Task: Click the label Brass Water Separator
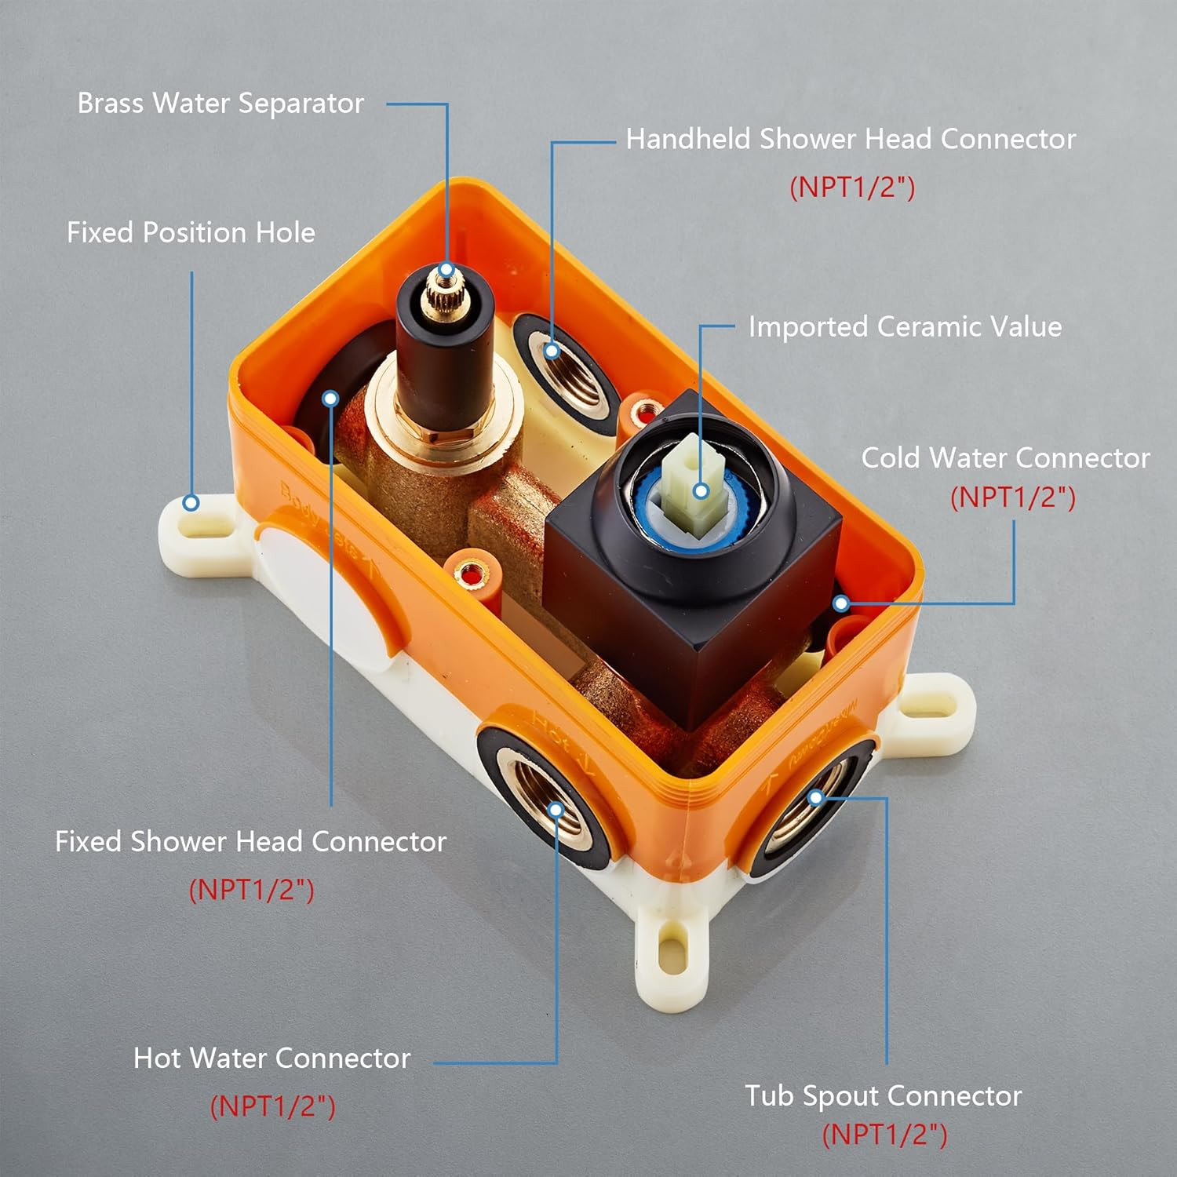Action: pos(220,104)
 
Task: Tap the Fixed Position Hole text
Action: pos(191,232)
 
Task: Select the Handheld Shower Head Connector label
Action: pos(851,139)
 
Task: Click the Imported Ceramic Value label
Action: pos(905,326)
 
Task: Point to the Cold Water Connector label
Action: pos(1005,457)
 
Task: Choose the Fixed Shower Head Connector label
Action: pos(250,841)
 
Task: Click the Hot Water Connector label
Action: pos(271,1058)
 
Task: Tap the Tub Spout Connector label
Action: pos(883,1095)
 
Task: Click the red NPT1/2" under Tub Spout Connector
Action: pos(884,1135)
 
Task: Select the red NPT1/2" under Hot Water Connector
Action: pos(272,1106)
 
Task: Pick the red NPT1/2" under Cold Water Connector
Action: pos(1012,497)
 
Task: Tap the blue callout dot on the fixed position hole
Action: pos(191,503)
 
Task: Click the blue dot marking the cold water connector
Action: pos(841,603)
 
